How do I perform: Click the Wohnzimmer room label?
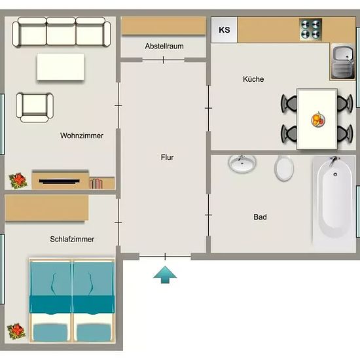tap(82, 135)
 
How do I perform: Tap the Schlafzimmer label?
tap(72, 239)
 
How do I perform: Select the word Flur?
tap(167, 157)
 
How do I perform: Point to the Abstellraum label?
tap(164, 46)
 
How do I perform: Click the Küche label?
tap(253, 79)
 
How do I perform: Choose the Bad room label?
tap(260, 217)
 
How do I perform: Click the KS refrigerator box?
tap(224, 30)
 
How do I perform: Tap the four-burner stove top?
tap(311, 30)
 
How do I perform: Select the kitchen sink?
tap(342, 62)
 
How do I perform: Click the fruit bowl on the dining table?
tap(318, 120)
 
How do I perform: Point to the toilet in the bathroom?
tap(284, 168)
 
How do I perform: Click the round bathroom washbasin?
tap(242, 163)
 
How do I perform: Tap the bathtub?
tap(334, 200)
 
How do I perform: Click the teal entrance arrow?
tap(165, 275)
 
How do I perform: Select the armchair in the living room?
tap(35, 107)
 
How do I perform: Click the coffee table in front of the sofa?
tap(60, 67)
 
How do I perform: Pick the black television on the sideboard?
tap(59, 181)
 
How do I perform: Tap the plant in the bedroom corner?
tap(16, 331)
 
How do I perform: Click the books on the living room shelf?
tap(96, 184)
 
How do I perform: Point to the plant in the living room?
tap(18, 181)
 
